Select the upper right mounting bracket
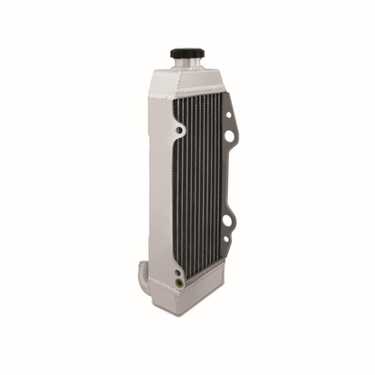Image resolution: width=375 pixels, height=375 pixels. (x=230, y=126)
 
